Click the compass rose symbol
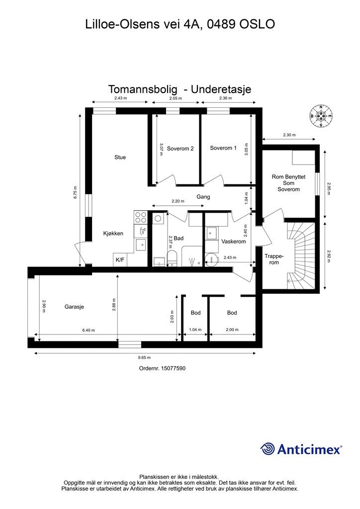[321, 116]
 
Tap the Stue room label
[120, 157]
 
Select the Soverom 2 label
[180, 148]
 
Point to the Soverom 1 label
[223, 148]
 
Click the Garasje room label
[74, 307]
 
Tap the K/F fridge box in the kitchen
[120, 259]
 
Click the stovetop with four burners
[141, 217]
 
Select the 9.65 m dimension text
[144, 357]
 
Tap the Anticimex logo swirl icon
[268, 449]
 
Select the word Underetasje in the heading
[221, 89]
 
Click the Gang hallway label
[203, 197]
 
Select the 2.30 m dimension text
[289, 135]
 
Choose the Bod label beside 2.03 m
[195, 313]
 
